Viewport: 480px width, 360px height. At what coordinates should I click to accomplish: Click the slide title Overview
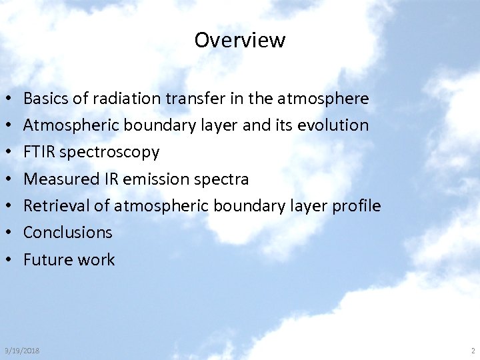[239, 40]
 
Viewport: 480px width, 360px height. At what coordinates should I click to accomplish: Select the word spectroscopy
[109, 153]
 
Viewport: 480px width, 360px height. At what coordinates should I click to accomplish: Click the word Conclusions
[68, 233]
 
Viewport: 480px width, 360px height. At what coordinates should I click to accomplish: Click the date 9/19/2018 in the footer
[21, 351]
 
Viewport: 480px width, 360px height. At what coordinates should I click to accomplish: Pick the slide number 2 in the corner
[472, 351]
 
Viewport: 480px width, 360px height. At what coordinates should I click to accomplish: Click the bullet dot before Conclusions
[6, 233]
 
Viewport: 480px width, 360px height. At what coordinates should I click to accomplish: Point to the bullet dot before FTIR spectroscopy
[6, 153]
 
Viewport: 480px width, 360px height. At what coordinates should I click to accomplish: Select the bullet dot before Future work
[6, 260]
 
